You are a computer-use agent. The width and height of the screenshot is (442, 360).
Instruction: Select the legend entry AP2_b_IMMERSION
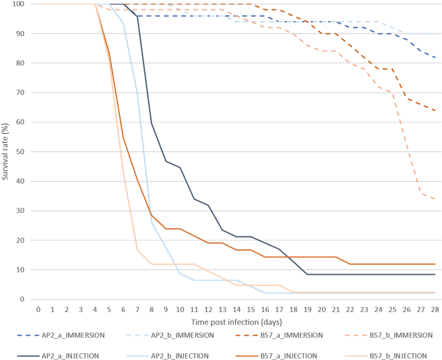(x=184, y=335)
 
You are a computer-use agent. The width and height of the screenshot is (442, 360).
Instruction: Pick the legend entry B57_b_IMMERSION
(x=400, y=335)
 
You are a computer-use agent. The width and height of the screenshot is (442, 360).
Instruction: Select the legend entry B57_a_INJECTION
(x=292, y=356)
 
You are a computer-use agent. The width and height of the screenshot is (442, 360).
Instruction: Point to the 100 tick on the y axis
(x=17, y=4)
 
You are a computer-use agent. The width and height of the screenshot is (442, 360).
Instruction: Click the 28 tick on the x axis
(x=434, y=309)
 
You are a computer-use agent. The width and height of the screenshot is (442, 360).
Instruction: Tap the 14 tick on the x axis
(x=237, y=309)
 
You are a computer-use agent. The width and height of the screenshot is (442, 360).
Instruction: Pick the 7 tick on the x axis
(x=137, y=309)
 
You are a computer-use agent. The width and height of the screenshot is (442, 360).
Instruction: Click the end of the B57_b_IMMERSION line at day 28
(x=435, y=199)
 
